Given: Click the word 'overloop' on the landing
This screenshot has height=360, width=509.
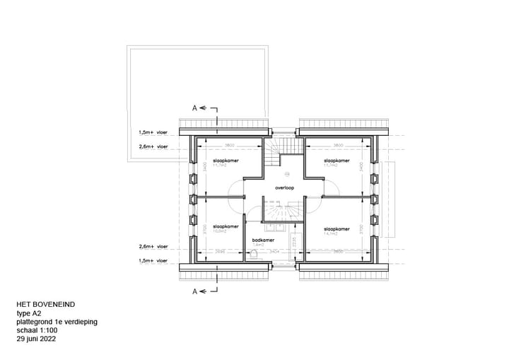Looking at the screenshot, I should pyautogui.click(x=285, y=189).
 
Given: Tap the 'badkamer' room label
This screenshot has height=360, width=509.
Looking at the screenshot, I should pyautogui.click(x=262, y=239).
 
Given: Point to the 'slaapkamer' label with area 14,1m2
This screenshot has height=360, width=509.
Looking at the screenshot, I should pyautogui.click(x=337, y=228).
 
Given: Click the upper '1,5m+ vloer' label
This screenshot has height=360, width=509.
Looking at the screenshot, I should pyautogui.click(x=153, y=132).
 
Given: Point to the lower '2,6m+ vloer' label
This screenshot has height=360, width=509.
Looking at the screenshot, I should pyautogui.click(x=153, y=247).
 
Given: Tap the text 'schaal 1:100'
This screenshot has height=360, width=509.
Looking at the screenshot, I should pyautogui.click(x=37, y=330).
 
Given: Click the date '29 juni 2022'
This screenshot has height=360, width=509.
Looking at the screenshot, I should pyautogui.click(x=37, y=339).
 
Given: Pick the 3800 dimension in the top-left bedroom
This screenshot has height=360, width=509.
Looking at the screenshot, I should pyautogui.click(x=230, y=146).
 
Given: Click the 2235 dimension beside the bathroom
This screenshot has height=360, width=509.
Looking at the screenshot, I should pyautogui.click(x=291, y=243).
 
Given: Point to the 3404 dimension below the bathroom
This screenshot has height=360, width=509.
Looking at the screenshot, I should pyautogui.click(x=274, y=251).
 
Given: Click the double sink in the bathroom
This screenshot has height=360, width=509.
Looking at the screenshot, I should pyautogui.click(x=274, y=227).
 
